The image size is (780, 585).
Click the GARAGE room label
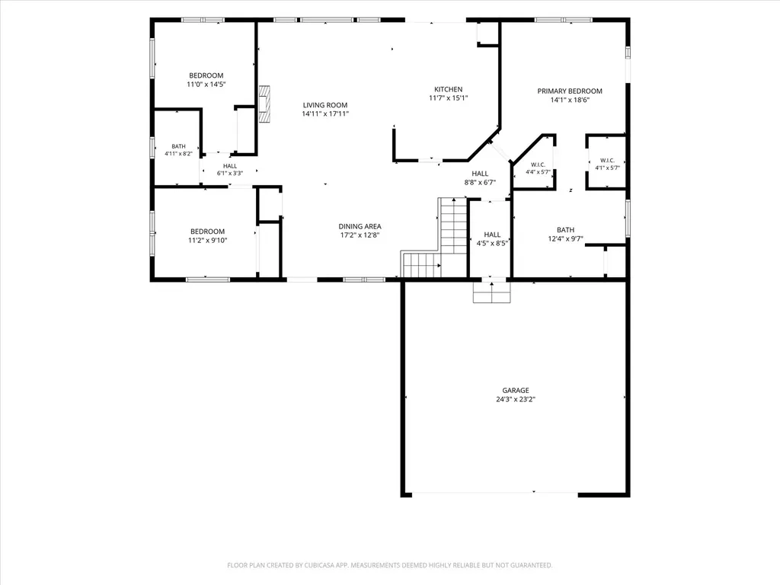point(516,391)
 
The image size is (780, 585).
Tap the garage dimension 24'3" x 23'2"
point(516,399)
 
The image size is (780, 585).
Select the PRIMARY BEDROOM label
point(570,91)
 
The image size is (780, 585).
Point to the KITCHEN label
point(448,90)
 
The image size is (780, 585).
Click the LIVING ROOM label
point(325,105)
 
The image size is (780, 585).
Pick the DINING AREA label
point(360,226)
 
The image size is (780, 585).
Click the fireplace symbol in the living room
point(264,104)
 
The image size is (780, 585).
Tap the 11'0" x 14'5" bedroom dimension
point(206,85)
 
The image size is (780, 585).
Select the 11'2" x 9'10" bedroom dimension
point(207,240)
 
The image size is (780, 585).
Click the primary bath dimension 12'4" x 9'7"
point(566,238)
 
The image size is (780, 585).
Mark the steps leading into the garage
point(491,292)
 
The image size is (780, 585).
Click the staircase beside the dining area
point(433,238)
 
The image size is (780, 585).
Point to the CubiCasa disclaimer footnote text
point(389,565)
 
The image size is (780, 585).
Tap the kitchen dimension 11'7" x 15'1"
point(448,98)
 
